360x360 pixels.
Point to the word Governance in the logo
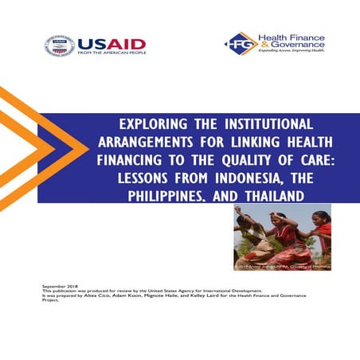pos(293,46)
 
